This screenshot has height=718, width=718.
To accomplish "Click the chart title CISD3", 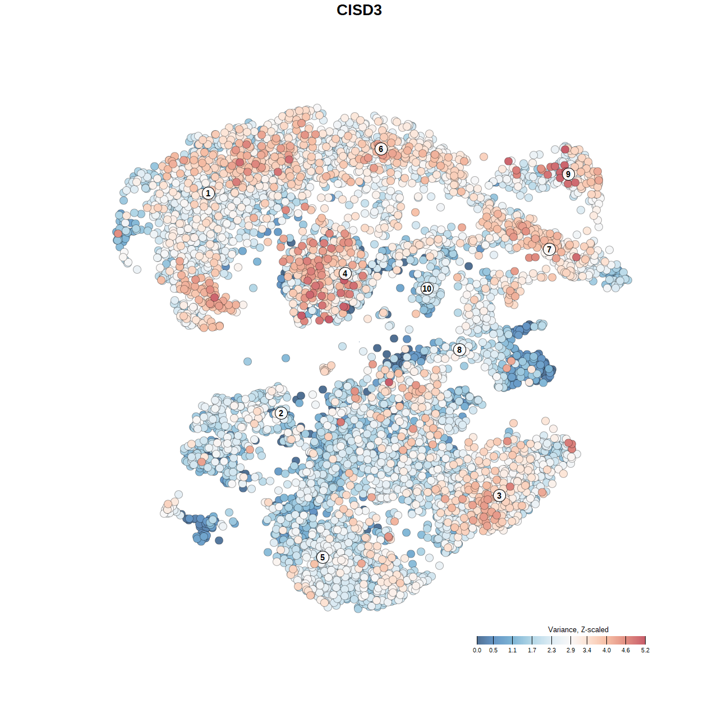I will click(x=359, y=10).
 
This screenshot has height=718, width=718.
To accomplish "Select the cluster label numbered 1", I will click(x=208, y=193).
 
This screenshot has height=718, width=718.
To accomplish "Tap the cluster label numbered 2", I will click(x=281, y=413).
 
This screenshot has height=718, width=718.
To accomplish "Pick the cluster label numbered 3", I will click(x=499, y=495).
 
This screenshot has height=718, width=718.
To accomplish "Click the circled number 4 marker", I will click(x=345, y=274).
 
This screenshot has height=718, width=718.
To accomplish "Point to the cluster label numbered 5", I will click(x=323, y=557).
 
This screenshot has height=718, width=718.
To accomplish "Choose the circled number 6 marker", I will click(x=381, y=149).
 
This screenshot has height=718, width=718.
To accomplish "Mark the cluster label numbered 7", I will click(x=549, y=250).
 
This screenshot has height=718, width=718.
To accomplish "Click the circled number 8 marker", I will click(x=459, y=349).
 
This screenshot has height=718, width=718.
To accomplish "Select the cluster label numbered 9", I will click(x=568, y=174).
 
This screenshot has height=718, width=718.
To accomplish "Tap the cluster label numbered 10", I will click(x=427, y=288).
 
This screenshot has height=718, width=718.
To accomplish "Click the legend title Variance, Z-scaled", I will click(x=578, y=629).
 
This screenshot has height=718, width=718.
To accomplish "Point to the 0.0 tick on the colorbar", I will click(x=477, y=650).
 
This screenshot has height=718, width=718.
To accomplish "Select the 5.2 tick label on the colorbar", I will click(x=645, y=650).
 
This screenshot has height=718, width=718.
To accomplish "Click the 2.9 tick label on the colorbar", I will click(x=570, y=650).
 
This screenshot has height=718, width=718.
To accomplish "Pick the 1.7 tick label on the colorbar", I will click(x=532, y=650).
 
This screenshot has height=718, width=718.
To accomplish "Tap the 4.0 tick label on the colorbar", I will click(x=606, y=650).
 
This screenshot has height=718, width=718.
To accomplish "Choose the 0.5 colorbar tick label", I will click(x=493, y=650).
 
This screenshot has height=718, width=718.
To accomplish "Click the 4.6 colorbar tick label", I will click(x=625, y=650).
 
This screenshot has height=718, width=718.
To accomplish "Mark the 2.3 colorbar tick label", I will click(x=551, y=650).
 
